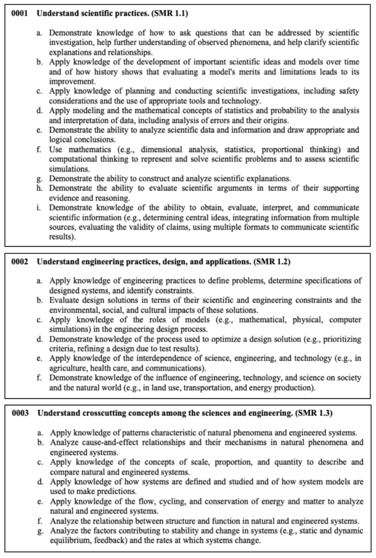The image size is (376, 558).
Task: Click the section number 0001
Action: (x=21, y=13)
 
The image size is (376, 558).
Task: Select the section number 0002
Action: (x=21, y=262)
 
